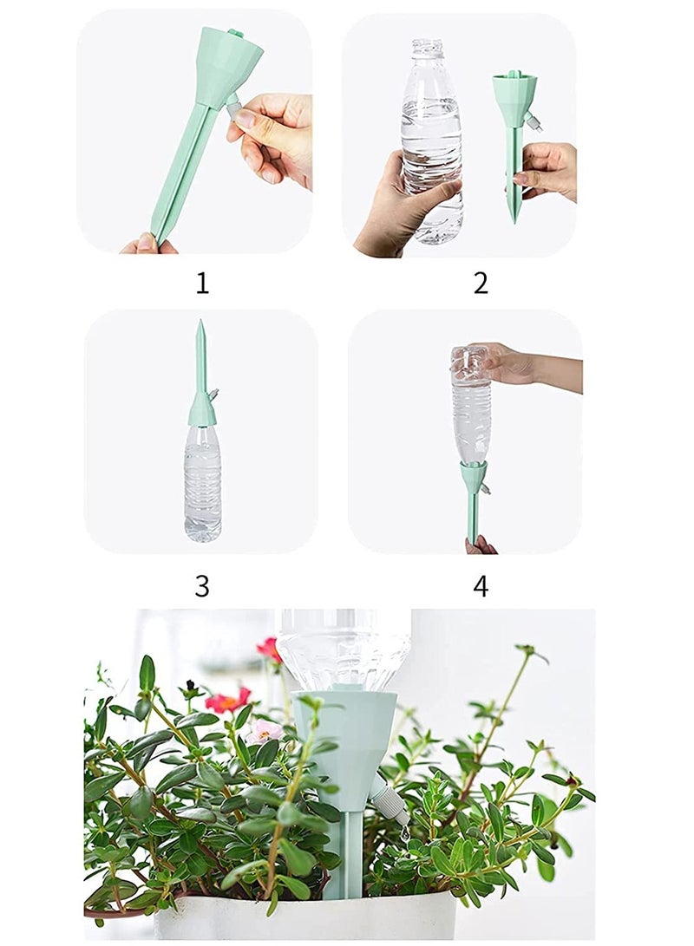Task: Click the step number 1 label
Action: pos(202,284)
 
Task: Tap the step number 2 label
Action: pos(481,284)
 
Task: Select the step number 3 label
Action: pos(202,586)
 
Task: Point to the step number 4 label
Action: pos(481,586)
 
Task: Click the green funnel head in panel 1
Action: pos(227,65)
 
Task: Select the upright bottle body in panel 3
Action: pos(202,481)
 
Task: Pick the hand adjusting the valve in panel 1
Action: pos(273,134)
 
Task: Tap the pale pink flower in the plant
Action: pos(265,731)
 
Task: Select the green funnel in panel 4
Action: pos(474,477)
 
